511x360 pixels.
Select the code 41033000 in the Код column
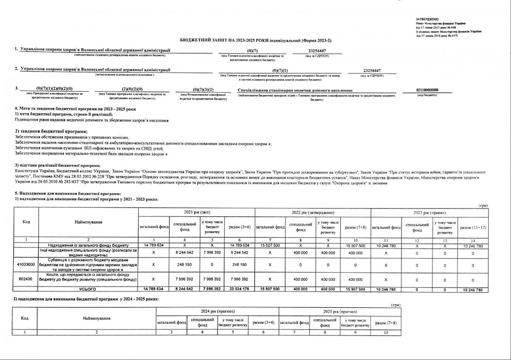click(26, 264)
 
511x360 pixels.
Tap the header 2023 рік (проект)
click(429, 212)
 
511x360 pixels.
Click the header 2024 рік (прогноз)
click(217, 312)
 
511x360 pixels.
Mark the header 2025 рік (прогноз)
click(339, 312)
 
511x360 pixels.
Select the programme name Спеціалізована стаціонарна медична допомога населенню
click(295, 90)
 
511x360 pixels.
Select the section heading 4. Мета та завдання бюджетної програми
click(75, 109)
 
